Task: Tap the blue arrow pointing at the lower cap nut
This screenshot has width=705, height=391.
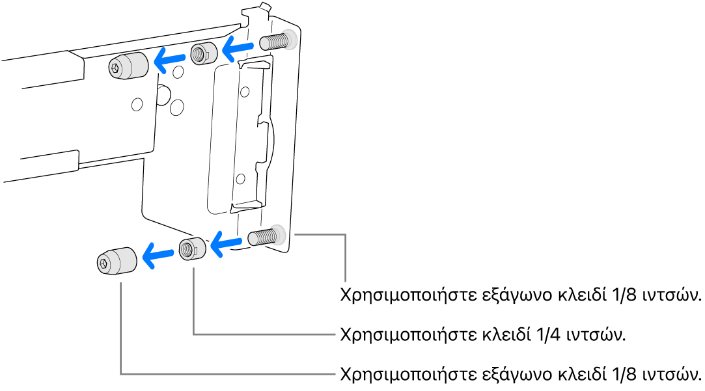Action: (x=158, y=254)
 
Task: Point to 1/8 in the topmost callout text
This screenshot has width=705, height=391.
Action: (x=628, y=294)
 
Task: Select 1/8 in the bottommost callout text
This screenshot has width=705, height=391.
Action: (x=628, y=375)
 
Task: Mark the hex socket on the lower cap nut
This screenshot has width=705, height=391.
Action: (x=104, y=262)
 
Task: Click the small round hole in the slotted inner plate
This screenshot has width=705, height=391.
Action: (x=242, y=178)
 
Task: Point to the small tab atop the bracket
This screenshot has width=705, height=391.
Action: (x=264, y=8)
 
